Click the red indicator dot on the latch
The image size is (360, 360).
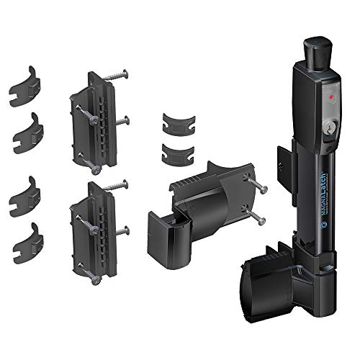click(331, 95)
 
